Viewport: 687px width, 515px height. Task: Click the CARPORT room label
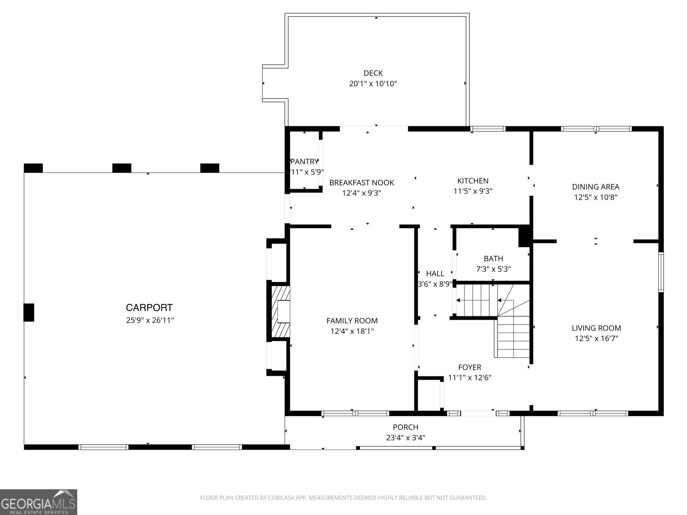coord(149,307)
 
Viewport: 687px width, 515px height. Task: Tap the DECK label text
coord(373,73)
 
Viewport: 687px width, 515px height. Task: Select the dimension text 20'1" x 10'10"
coord(373,84)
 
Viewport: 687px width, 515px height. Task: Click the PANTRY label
coord(304,162)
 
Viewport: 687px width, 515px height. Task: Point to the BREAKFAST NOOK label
coord(362,182)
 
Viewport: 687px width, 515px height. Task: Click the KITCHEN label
coord(472,181)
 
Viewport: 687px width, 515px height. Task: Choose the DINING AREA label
coord(596,187)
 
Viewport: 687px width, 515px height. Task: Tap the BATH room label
coord(493,258)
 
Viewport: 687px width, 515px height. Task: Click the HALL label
coord(435,273)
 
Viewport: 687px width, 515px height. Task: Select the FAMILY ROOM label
coord(352,321)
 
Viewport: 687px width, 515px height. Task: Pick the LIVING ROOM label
coord(596,328)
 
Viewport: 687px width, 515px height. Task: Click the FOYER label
coord(469,367)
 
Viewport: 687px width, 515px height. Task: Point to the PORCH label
coord(405,427)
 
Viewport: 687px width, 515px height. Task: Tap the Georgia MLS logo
coord(38,502)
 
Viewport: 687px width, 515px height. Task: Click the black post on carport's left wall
coord(28,312)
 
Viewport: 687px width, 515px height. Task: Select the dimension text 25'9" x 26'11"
coord(149,320)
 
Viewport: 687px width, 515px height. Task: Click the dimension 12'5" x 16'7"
coord(596,339)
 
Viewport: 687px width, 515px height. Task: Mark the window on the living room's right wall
coord(661,272)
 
